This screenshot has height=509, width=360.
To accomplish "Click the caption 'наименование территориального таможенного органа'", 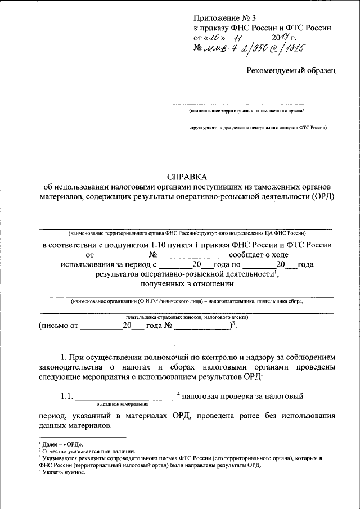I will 238,111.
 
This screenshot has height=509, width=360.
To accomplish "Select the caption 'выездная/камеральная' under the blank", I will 122,403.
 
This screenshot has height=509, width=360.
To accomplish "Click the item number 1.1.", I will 67,397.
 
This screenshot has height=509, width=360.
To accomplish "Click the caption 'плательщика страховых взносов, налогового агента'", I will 186,317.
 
